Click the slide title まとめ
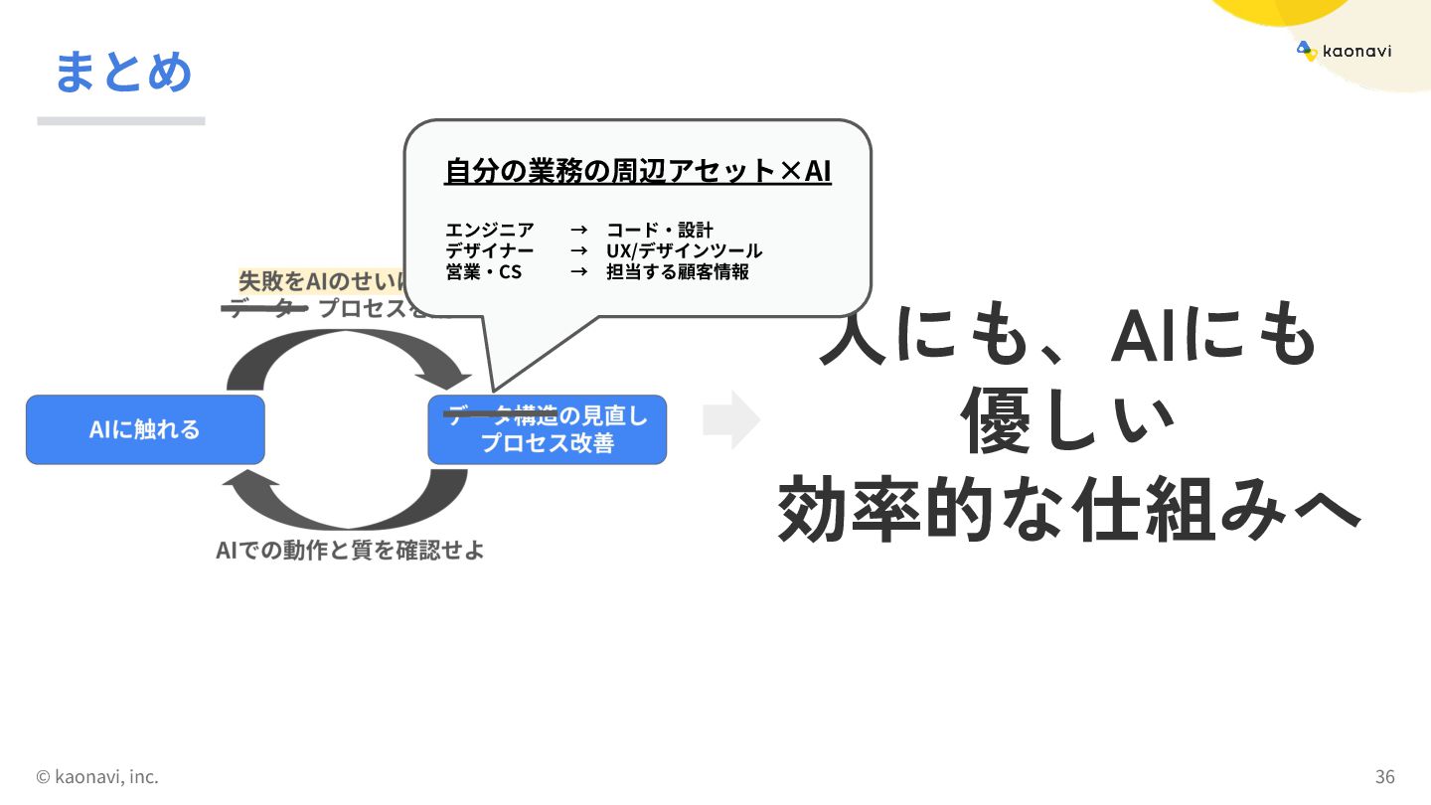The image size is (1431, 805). pos(123,72)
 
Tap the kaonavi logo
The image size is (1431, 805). pos(1344,51)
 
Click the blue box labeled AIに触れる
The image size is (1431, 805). pos(145,429)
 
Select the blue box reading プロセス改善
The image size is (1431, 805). pos(547,430)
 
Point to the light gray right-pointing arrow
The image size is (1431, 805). pos(731,420)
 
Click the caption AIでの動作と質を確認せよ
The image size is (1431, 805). pos(350,550)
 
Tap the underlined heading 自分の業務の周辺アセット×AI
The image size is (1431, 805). pos(637,171)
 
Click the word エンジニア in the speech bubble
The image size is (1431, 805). pos(489,231)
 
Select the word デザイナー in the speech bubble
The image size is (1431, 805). pos(489,250)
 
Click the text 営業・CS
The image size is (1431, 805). pos(483,271)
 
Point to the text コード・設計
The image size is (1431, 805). pos(660,231)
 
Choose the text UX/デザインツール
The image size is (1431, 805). pos(684,250)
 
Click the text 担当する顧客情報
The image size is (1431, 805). pos(678,271)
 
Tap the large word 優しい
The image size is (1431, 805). pos(1067,422)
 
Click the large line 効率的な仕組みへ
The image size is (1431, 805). pos(1067,510)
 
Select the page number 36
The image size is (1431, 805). pos(1384,776)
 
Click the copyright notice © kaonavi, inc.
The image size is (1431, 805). pos(97,776)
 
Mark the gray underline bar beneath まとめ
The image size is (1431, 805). pos(121,121)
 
